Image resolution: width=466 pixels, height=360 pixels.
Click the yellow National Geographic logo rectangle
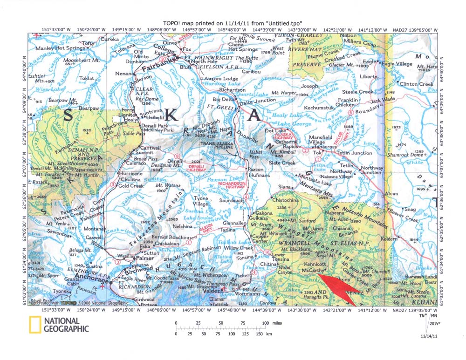tap(34, 325)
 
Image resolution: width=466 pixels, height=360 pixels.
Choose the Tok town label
tap(317, 152)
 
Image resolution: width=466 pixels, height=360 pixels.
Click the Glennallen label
tap(234, 223)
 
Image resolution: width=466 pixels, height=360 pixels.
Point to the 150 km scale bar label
tap(254, 334)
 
